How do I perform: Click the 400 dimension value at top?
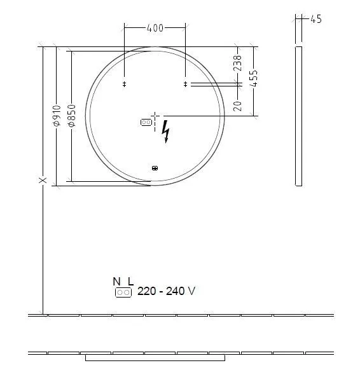click(155, 27)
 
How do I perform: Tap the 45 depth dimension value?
click(315, 19)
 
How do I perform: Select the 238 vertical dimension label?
click(237, 64)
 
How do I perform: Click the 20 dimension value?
click(237, 105)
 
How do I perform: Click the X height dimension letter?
click(43, 181)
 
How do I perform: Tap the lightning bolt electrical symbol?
click(167, 130)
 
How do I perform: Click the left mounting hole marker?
click(124, 84)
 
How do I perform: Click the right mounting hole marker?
click(186, 84)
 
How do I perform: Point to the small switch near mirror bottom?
click(155, 168)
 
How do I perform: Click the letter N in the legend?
click(116, 281)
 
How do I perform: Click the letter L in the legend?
click(130, 281)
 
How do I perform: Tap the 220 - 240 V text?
click(166, 291)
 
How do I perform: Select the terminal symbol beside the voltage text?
click(123, 292)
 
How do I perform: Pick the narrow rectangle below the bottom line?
click(155, 358)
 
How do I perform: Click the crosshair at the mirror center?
click(155, 116)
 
